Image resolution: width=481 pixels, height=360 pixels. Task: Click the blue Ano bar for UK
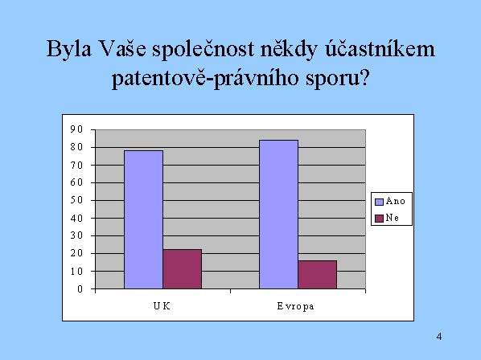(x=143, y=219)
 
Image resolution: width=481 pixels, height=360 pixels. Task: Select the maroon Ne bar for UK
(x=183, y=269)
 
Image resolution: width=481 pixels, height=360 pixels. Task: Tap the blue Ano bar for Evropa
(x=278, y=215)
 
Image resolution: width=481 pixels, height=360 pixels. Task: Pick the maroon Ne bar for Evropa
(x=317, y=275)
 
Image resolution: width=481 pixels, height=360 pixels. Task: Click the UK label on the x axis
(x=162, y=306)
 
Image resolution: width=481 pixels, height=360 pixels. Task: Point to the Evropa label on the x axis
(x=295, y=306)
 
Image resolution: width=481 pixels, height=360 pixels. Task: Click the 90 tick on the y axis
(x=76, y=129)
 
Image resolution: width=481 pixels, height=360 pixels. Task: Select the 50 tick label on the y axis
(x=76, y=200)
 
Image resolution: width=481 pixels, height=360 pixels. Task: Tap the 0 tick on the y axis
(x=80, y=289)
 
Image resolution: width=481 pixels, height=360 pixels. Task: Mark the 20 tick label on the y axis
(x=76, y=253)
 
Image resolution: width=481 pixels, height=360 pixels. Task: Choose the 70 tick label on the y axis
(x=76, y=165)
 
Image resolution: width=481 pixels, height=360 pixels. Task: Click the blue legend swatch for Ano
(x=379, y=202)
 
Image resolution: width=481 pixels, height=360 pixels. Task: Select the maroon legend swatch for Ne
(x=379, y=218)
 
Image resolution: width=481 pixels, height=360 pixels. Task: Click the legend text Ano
(x=396, y=201)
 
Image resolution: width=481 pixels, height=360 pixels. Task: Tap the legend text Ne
(x=393, y=218)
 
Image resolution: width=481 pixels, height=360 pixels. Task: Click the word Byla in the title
(x=69, y=49)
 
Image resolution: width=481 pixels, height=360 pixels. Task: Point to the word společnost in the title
(x=203, y=50)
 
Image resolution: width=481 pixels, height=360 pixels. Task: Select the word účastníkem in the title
(x=380, y=49)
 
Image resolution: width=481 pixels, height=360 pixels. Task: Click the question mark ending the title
(x=364, y=77)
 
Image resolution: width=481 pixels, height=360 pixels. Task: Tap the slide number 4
(x=439, y=337)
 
